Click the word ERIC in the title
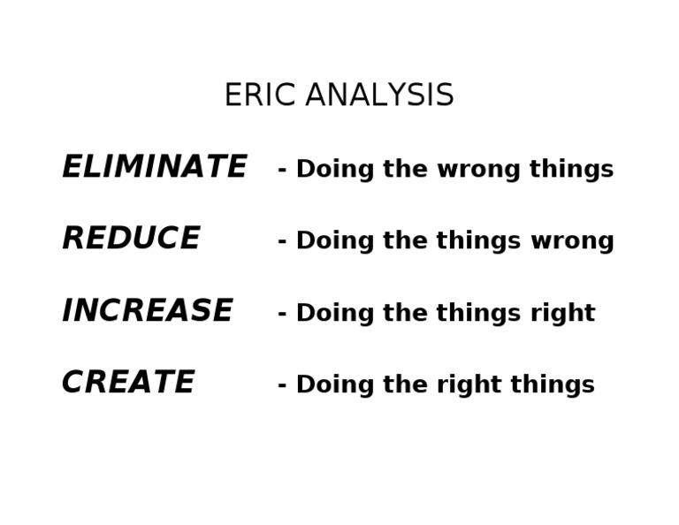coord(259,95)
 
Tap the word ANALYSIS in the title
coord(379,95)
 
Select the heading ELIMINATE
coord(154,167)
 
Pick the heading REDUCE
coord(131,239)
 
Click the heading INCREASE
coord(147,311)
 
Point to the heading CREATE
coord(127,383)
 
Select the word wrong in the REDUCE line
coord(572,241)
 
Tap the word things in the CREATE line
coord(553,385)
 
